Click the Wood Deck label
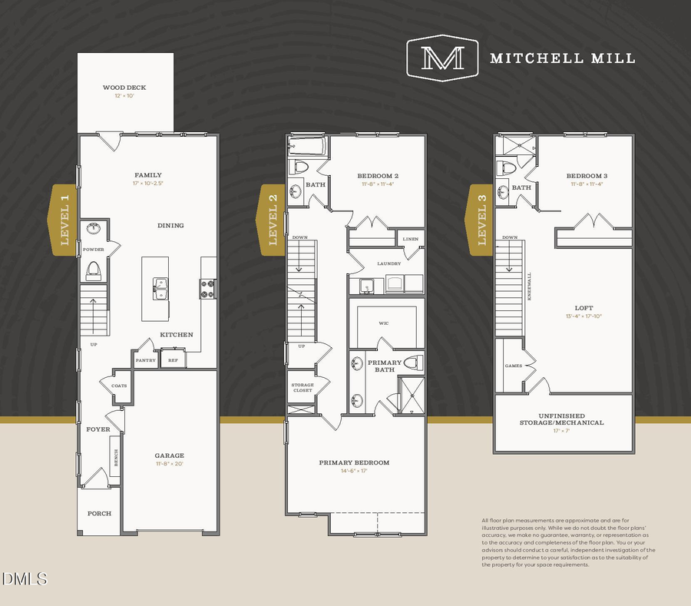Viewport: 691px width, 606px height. [x=124, y=88]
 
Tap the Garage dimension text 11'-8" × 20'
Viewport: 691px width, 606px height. [x=170, y=464]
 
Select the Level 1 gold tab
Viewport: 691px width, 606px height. [x=64, y=219]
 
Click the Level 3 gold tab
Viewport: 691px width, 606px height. [x=481, y=219]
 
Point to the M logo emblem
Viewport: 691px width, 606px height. [x=442, y=58]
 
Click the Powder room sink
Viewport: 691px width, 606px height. [x=94, y=229]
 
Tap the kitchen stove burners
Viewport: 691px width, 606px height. [x=207, y=287]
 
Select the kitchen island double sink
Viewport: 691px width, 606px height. [x=160, y=289]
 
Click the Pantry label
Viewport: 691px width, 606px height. [x=146, y=360]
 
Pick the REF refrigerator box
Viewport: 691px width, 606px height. [x=173, y=359]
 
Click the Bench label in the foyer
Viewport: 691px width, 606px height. [x=116, y=458]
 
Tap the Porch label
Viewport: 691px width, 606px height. [x=99, y=513]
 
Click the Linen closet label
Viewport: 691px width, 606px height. [x=411, y=239]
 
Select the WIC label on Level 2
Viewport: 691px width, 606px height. [x=384, y=323]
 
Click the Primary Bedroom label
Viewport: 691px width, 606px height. [x=354, y=462]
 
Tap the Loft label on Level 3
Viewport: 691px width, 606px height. [x=584, y=308]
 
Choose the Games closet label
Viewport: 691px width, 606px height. [x=513, y=366]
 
